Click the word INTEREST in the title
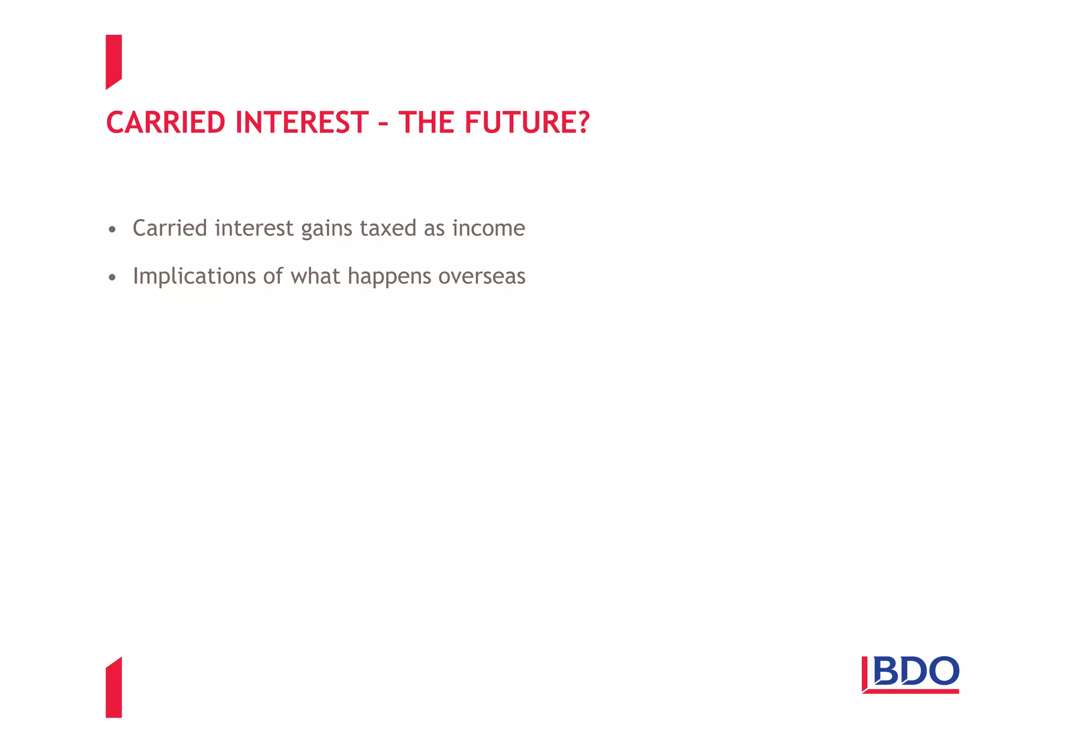click(302, 123)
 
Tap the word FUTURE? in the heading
click(527, 123)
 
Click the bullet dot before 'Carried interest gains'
click(112, 229)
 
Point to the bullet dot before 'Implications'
click(112, 278)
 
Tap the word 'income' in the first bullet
click(488, 228)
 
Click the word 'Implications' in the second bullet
click(194, 277)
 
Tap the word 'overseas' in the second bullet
click(482, 277)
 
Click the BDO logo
click(910, 674)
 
